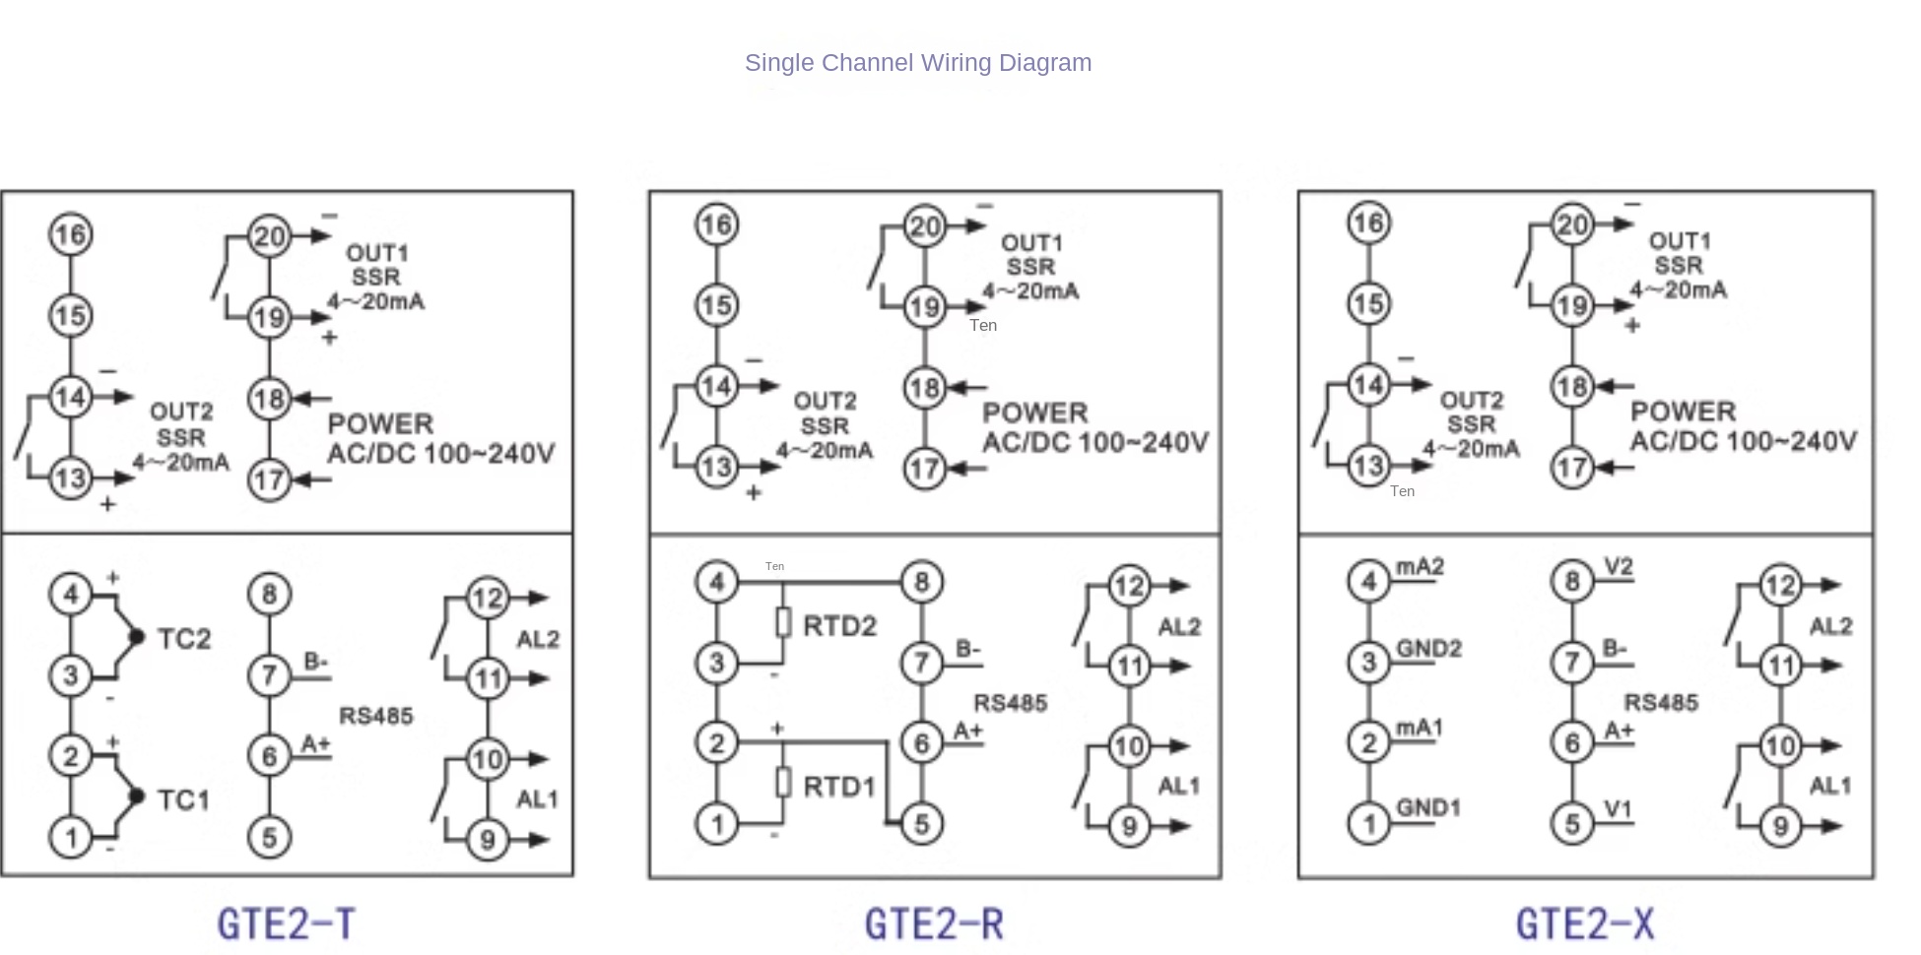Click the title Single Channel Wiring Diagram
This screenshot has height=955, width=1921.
(x=917, y=63)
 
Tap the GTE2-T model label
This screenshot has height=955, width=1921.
(x=286, y=924)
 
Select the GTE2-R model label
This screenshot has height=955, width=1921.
(x=934, y=924)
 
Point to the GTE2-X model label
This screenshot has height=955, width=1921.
(x=1584, y=924)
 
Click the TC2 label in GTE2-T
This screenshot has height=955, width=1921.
(x=184, y=639)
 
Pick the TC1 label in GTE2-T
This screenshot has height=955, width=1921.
(x=184, y=799)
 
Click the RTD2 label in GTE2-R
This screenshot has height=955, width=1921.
(x=839, y=626)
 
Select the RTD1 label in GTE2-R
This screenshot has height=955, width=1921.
(x=839, y=787)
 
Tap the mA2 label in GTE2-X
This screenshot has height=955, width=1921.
(x=1420, y=567)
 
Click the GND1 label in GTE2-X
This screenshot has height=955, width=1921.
(x=1427, y=808)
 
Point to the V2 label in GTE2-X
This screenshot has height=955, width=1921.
(x=1618, y=567)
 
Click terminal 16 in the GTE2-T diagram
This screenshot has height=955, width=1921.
(x=71, y=235)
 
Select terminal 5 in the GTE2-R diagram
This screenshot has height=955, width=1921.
(x=922, y=824)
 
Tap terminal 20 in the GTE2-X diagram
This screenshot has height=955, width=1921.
(x=1572, y=225)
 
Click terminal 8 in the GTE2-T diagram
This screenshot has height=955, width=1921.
(x=269, y=595)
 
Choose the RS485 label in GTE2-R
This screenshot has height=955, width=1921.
(x=1010, y=703)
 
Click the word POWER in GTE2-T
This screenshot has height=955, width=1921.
(x=380, y=424)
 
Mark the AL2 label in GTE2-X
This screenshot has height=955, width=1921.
(x=1830, y=627)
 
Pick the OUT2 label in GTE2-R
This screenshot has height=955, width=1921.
(x=825, y=402)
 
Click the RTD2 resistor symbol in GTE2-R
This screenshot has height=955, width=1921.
(x=783, y=623)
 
